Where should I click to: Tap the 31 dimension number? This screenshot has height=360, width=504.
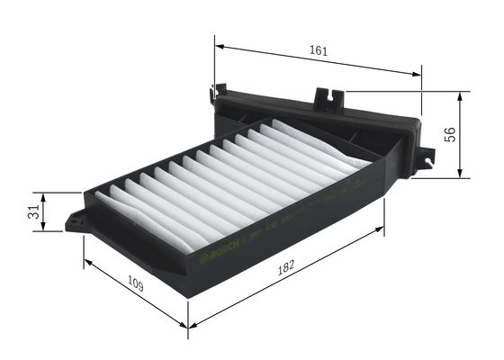32,212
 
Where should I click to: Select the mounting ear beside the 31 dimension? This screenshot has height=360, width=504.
76,220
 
